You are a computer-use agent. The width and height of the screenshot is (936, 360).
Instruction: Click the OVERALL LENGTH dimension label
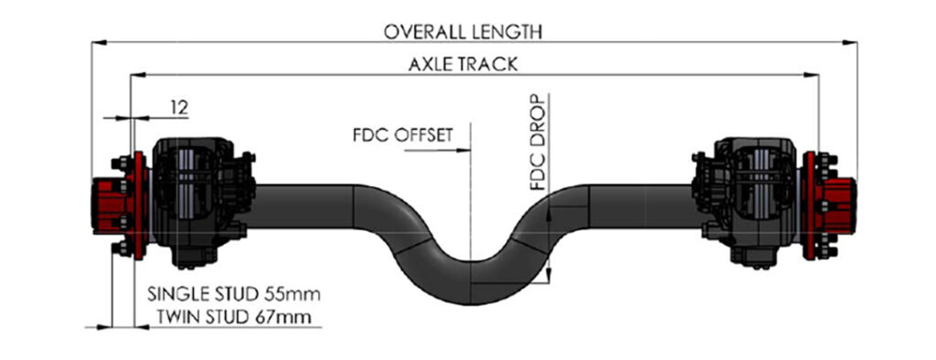click(463, 31)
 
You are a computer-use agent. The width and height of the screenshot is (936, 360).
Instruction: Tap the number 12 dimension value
click(178, 108)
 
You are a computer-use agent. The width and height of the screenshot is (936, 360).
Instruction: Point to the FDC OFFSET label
click(402, 135)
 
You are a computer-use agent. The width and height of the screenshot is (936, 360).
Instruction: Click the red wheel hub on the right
click(836, 204)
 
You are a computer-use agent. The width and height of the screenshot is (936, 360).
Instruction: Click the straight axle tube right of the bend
click(640, 206)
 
